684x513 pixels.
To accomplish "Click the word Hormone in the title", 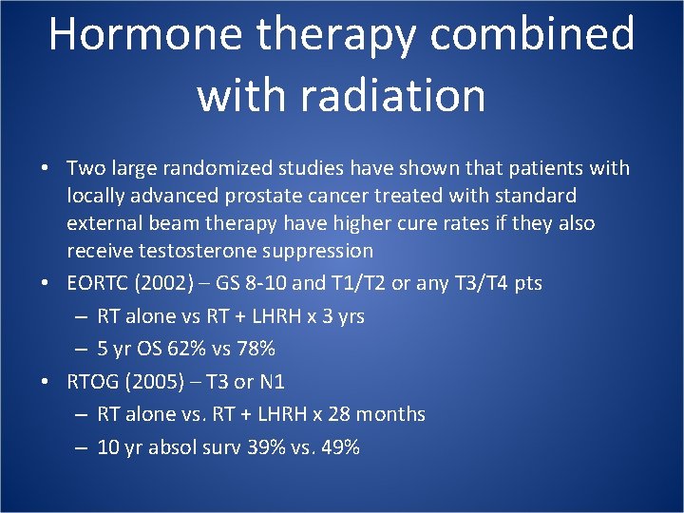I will [x=142, y=35].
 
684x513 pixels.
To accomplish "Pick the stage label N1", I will [x=271, y=382].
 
